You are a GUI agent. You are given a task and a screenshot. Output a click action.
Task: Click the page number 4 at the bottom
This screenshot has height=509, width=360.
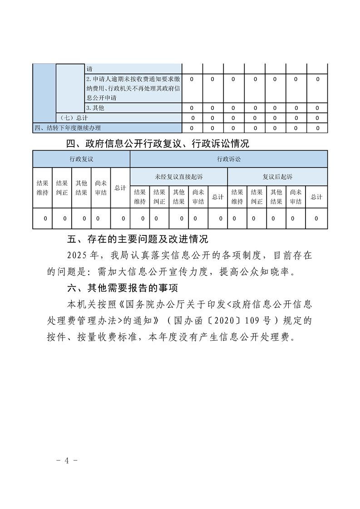67,460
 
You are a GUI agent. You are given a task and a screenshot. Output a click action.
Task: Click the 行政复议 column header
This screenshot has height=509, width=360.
81,159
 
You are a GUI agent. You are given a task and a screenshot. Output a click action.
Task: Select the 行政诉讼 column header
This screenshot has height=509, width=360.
229,159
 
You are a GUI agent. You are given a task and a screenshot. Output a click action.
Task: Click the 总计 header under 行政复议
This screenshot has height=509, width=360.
120,188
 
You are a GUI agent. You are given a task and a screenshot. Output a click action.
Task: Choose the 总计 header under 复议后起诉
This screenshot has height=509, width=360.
316,197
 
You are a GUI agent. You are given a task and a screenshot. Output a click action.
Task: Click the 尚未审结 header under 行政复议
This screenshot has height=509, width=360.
101,188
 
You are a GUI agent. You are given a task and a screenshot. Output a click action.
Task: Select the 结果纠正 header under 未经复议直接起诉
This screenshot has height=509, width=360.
159,197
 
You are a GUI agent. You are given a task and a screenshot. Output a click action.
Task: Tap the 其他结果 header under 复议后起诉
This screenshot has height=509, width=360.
276,197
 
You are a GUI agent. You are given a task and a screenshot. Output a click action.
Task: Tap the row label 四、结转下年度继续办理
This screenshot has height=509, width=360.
68,128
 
